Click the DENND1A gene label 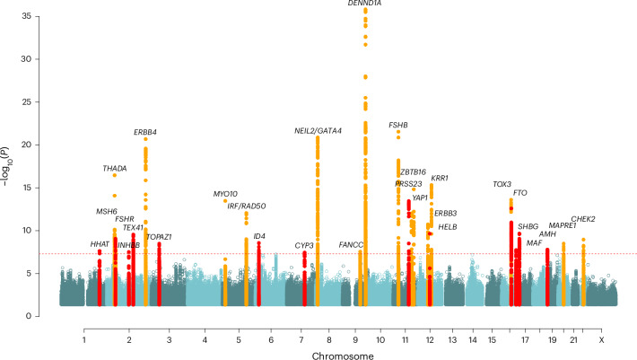(364, 4)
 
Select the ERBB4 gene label (145, 132)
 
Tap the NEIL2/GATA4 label (318, 131)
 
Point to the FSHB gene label (398, 125)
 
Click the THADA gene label (115, 168)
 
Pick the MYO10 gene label (225, 194)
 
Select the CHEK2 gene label (583, 219)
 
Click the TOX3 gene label (502, 184)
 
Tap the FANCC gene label (351, 245)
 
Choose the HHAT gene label (100, 244)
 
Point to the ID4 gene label (259, 236)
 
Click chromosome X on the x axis (602, 340)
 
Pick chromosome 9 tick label (355, 340)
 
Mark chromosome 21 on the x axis (573, 340)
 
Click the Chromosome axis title (343, 356)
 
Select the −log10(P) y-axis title (5, 167)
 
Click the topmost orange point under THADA (115, 175)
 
